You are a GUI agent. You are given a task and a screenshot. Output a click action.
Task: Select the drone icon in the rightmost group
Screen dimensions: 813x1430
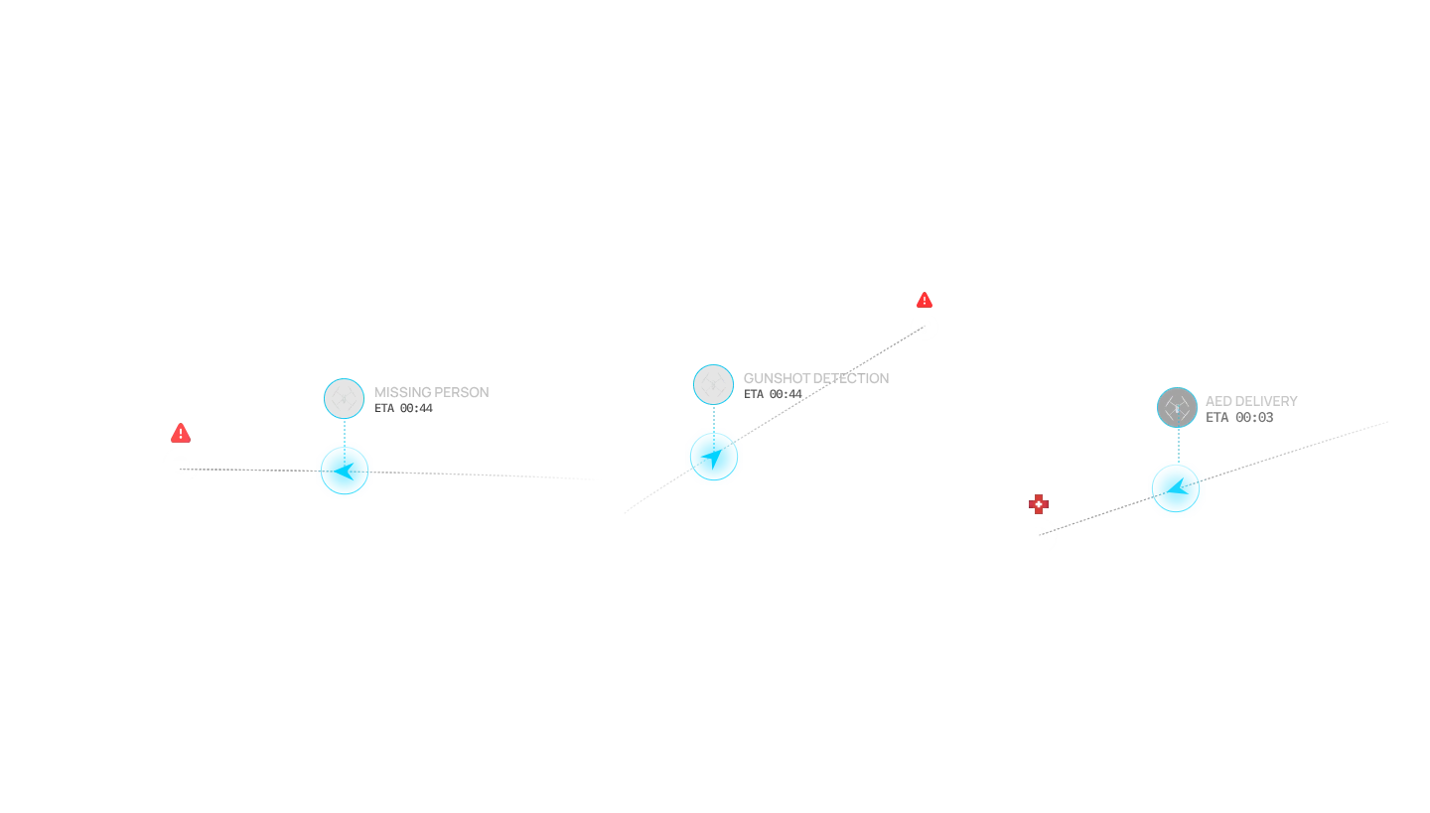click(1177, 408)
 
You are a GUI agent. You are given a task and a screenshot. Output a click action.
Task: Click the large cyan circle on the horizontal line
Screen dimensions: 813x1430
click(345, 471)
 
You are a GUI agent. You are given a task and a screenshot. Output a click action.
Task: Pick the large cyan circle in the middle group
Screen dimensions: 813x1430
click(714, 457)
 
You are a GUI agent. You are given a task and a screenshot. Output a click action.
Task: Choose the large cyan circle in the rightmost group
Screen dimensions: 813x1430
click(1177, 489)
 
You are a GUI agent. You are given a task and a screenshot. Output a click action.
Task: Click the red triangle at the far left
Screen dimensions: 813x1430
click(180, 433)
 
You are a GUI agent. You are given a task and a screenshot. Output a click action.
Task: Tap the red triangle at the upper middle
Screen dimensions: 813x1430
click(925, 300)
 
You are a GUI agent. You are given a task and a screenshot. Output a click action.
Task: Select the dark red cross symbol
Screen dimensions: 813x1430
click(1038, 503)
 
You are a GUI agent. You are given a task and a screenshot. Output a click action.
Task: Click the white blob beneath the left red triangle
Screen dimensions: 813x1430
click(180, 464)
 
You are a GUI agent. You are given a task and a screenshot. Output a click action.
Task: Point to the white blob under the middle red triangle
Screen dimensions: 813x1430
click(926, 325)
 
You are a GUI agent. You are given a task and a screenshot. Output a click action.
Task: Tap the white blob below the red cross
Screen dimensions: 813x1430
click(1038, 535)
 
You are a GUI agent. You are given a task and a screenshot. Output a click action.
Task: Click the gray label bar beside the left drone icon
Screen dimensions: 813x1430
click(432, 390)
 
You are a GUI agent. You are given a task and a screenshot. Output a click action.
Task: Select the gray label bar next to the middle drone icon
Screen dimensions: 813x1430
click(812, 380)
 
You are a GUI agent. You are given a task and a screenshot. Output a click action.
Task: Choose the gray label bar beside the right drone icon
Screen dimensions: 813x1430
click(1251, 399)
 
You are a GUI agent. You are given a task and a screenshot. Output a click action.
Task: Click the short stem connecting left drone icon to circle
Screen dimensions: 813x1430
click(344, 429)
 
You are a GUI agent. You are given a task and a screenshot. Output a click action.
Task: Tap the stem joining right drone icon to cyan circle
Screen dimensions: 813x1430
click(1178, 443)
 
